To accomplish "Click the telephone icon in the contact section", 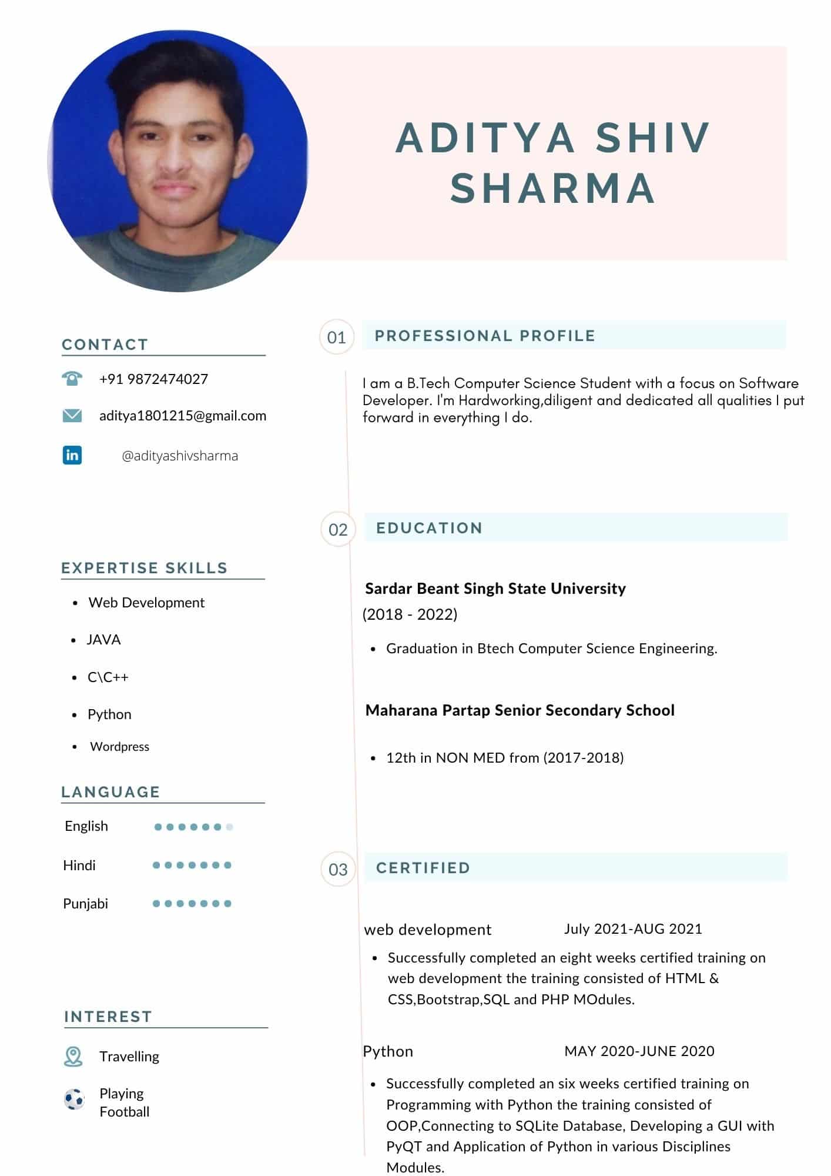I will [x=72, y=378].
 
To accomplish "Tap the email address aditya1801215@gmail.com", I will [x=183, y=416].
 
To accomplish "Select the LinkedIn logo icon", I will [x=72, y=455].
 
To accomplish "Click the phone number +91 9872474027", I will [x=153, y=379].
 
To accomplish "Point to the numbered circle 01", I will [x=337, y=337].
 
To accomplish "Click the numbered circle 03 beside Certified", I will [x=338, y=869].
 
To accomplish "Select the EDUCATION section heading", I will [x=429, y=528].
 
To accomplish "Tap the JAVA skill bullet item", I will [x=103, y=639].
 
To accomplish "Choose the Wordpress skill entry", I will [x=119, y=746].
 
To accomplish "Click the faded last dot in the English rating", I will [x=230, y=827].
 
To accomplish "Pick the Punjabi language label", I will [x=86, y=903].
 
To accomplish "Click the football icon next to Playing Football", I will [x=74, y=1099].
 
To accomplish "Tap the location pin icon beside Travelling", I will [x=73, y=1057].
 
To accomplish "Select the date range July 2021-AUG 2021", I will [x=633, y=928].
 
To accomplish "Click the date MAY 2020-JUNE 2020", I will [x=639, y=1051].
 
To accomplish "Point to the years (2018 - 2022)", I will [x=410, y=614].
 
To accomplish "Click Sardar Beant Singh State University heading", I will [x=495, y=588].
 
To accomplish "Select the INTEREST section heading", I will [x=108, y=1017].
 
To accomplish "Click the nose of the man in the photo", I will [x=175, y=159].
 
